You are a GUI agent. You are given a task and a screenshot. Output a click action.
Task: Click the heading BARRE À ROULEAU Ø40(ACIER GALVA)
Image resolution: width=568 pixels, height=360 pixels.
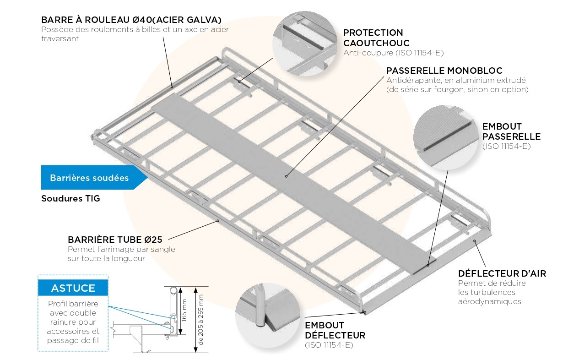[x=131, y=20]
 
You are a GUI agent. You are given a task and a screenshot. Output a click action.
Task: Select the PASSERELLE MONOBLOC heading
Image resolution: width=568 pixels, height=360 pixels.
[x=444, y=71]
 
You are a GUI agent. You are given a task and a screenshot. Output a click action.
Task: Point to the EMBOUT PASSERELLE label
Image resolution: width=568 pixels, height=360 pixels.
[x=511, y=131]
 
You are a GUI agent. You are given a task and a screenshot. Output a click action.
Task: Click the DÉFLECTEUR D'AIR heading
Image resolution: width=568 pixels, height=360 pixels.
[x=502, y=273]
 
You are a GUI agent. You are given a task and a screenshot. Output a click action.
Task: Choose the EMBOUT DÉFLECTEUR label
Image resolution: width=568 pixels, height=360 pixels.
[x=335, y=330]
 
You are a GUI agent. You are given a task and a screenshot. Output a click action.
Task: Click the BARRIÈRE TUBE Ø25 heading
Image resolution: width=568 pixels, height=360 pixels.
[x=115, y=240]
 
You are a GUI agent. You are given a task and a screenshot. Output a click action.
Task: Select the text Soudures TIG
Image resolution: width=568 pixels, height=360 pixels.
[x=70, y=199]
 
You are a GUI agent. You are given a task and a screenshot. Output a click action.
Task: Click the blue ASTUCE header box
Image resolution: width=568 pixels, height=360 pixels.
[x=73, y=288]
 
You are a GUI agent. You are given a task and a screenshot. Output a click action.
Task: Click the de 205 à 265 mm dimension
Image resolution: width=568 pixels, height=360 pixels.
[x=200, y=320]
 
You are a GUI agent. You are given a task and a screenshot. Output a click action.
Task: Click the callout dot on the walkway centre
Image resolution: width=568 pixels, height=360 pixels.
[x=286, y=176]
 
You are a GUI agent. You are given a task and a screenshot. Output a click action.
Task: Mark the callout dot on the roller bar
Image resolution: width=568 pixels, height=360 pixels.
[x=172, y=86]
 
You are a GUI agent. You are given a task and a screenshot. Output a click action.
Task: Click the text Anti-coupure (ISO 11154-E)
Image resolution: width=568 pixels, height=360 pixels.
[x=394, y=53]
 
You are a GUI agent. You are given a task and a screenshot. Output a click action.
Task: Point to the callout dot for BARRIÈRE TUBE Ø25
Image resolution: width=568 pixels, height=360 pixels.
[x=218, y=221]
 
